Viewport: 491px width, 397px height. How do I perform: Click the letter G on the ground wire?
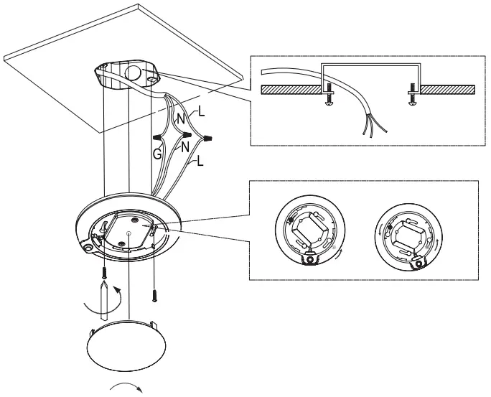pyautogui.click(x=156, y=153)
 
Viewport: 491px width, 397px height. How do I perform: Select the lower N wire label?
pyautogui.click(x=184, y=147)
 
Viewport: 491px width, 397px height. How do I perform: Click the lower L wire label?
pyautogui.click(x=200, y=162)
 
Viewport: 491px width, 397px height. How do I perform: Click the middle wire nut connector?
pyautogui.click(x=186, y=134)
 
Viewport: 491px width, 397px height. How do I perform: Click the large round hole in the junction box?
pyautogui.click(x=134, y=74)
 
